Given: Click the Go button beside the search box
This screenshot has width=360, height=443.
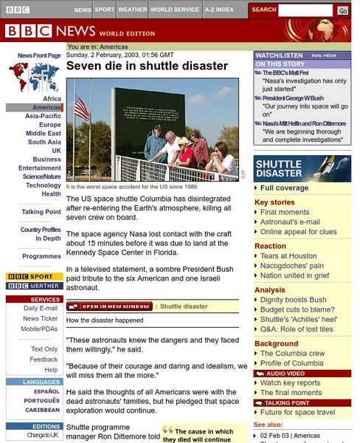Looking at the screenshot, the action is (x=343, y=10).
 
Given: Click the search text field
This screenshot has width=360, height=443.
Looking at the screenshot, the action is (x=306, y=10).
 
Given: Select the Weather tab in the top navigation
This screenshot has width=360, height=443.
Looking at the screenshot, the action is (x=132, y=10).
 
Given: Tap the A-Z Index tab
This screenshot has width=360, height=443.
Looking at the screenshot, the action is (x=218, y=10).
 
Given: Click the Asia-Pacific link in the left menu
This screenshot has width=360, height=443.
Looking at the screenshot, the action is (x=43, y=116).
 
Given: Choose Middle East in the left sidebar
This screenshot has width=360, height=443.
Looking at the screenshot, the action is (x=44, y=134).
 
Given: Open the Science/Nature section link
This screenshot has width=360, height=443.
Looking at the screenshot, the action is (x=41, y=176).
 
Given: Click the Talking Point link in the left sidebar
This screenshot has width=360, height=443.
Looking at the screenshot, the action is (x=41, y=212).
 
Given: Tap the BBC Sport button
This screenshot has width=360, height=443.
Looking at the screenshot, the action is (x=34, y=276).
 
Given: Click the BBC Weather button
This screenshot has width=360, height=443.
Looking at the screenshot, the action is (x=34, y=286).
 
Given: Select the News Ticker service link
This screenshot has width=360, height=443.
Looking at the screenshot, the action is (x=40, y=318).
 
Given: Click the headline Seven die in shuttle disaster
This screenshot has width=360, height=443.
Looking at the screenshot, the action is (x=147, y=66).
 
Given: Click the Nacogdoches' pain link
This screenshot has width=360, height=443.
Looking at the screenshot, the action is (x=291, y=266).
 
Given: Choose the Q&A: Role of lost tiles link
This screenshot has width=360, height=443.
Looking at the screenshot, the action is (x=296, y=329).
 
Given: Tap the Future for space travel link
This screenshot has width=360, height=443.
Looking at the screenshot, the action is (x=297, y=413).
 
